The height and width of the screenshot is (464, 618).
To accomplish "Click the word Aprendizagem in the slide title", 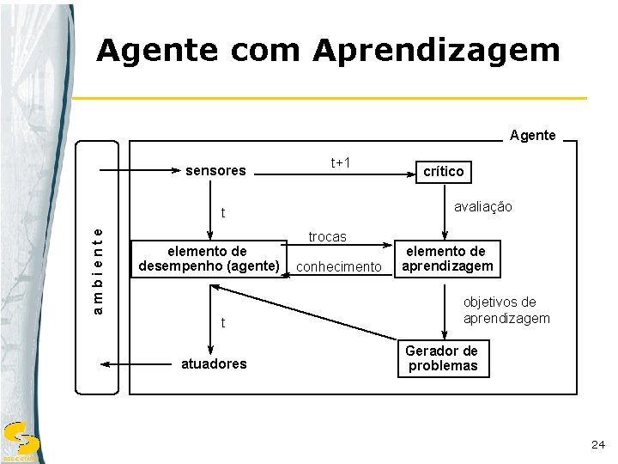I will (436, 52).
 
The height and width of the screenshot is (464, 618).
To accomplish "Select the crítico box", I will (443, 172).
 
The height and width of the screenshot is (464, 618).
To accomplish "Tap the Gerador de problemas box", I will (442, 357).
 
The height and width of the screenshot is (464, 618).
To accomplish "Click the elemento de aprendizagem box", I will (445, 259).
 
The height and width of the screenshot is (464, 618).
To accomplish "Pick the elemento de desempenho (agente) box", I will (208, 259).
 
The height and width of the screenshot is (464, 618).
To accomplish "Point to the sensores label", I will (216, 171).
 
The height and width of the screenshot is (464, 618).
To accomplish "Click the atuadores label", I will (213, 363).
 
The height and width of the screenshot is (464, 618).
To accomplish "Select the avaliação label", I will (482, 207).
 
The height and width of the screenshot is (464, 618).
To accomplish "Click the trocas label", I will (327, 236).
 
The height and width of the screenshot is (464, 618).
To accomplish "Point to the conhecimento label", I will (337, 267).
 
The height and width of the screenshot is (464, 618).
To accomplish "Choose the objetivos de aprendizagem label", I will (506, 310).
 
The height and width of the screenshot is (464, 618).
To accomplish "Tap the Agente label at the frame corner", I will (532, 135).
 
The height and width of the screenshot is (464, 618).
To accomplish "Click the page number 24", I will (598, 444).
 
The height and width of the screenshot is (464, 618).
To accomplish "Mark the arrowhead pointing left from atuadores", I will (106, 364).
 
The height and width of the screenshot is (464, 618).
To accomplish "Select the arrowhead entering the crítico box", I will (409, 174).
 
